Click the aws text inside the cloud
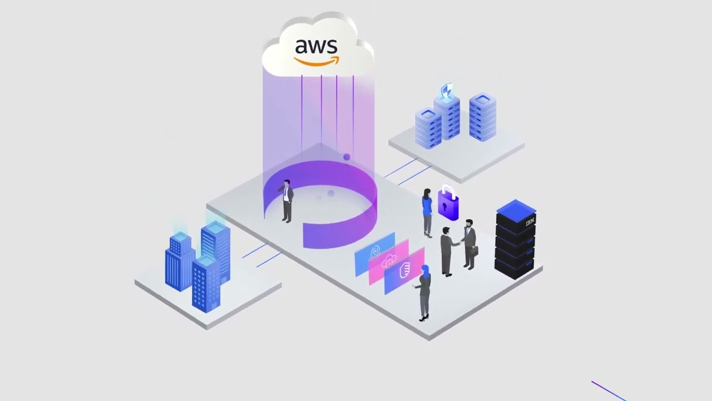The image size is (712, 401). [x=317, y=46]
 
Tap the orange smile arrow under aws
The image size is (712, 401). [x=317, y=61]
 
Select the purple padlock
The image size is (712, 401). [x=448, y=205]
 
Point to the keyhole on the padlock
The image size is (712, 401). [x=445, y=207]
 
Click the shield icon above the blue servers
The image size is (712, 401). [x=446, y=91]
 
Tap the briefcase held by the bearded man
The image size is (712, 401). [x=473, y=251]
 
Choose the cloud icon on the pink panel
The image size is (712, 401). [x=389, y=260]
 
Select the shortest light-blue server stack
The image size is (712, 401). [x=428, y=128]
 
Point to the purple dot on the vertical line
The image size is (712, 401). [x=347, y=158]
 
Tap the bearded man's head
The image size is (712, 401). [x=469, y=224]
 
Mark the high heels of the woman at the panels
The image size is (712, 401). [x=424, y=318]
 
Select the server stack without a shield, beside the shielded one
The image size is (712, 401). [x=482, y=117]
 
